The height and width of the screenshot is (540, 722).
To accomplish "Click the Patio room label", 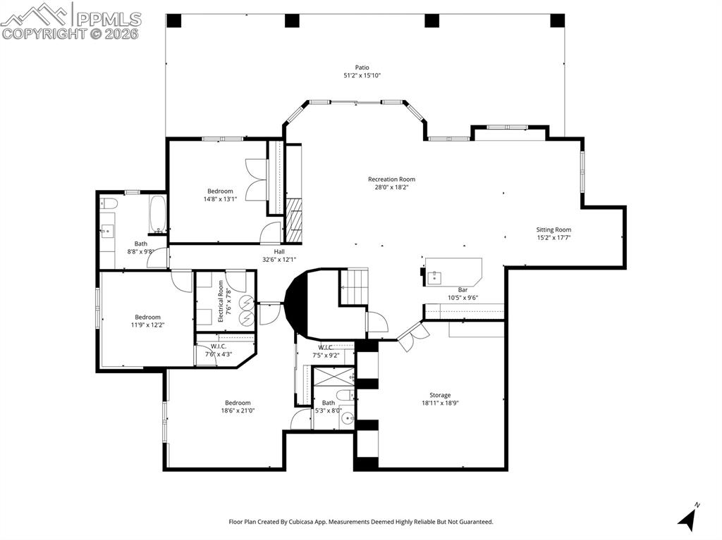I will (x=362, y=68).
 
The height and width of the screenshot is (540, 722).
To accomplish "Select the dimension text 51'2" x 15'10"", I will (x=362, y=75).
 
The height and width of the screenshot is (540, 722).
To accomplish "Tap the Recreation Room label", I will (x=391, y=180).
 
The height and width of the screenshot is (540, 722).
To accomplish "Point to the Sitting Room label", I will (x=553, y=230).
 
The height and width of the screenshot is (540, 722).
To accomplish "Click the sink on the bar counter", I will (x=434, y=276).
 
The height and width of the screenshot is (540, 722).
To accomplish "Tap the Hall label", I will (x=279, y=251).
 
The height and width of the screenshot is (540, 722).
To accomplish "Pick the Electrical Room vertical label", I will (x=221, y=301).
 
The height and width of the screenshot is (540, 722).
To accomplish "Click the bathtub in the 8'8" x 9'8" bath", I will (x=157, y=214).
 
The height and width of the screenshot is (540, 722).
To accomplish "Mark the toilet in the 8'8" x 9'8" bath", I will (x=108, y=203).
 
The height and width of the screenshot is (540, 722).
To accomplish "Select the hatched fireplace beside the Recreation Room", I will (x=293, y=220).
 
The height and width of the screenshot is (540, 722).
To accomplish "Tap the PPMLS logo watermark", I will (x=71, y=20).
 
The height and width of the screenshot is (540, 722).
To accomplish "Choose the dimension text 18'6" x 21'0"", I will (x=238, y=410).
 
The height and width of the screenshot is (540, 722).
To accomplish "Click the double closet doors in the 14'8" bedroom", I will (x=255, y=181).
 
